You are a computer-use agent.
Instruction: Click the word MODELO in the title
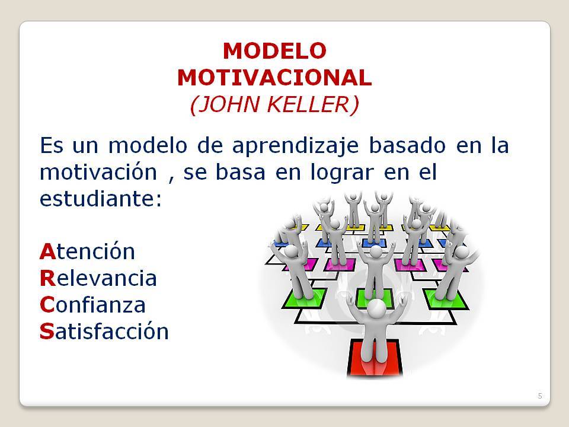(x=274, y=51)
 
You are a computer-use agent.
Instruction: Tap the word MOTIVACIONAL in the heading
(x=274, y=78)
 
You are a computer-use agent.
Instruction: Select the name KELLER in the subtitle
(x=313, y=104)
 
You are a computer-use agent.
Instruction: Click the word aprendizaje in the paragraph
(x=295, y=146)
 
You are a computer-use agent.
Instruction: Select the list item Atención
(x=87, y=251)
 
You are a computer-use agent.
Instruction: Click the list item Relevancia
(x=98, y=278)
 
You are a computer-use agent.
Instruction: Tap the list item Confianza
(x=92, y=305)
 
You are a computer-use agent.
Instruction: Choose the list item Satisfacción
(x=104, y=331)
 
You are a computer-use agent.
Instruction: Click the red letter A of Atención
(x=47, y=251)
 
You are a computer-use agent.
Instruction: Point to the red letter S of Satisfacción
(x=47, y=332)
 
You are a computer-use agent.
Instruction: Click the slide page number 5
(x=540, y=396)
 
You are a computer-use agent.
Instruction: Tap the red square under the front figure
(x=375, y=358)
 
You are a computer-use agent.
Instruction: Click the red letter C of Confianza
(x=47, y=305)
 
